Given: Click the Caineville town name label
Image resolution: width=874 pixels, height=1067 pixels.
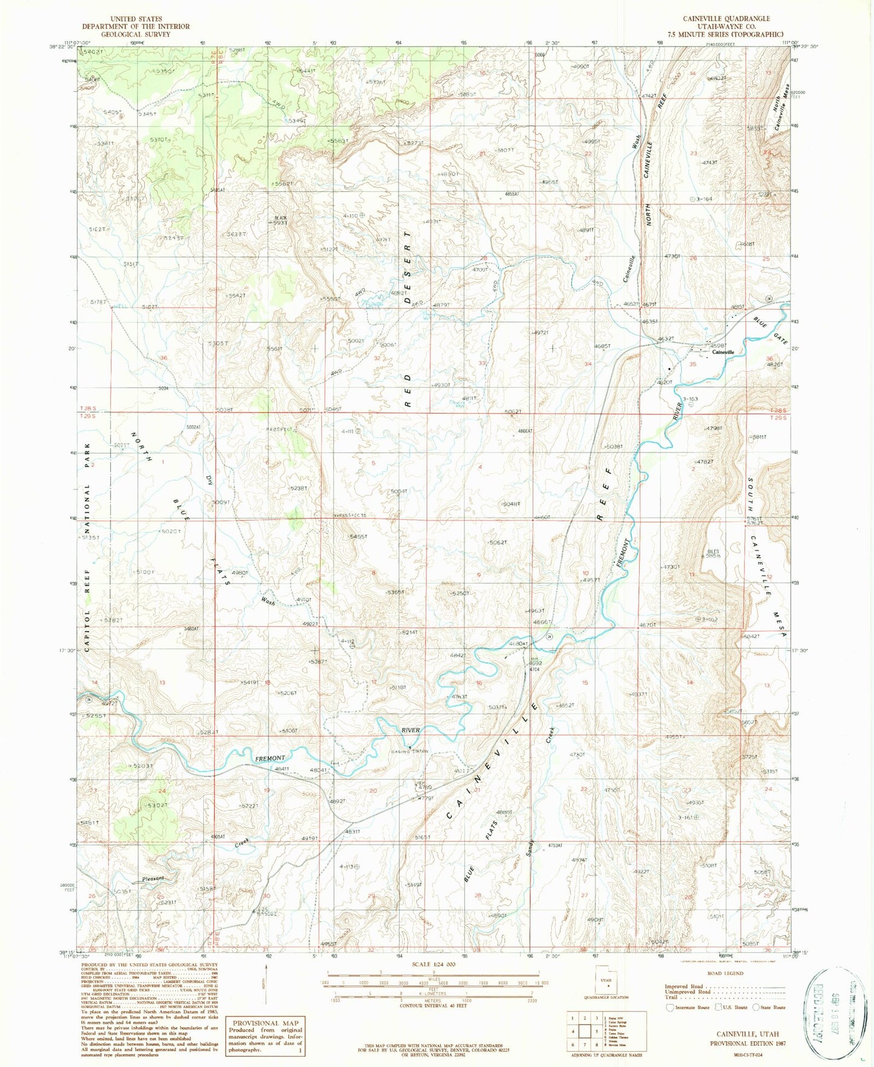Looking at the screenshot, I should [x=723, y=352].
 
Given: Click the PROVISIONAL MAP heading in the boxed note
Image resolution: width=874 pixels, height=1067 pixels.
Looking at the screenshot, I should [x=264, y=1023].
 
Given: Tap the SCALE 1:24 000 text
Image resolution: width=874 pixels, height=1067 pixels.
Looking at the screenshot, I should [x=434, y=965].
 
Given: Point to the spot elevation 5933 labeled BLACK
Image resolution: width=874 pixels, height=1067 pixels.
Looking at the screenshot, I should [x=279, y=223].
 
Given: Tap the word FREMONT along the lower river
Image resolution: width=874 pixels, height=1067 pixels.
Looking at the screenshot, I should [x=269, y=758].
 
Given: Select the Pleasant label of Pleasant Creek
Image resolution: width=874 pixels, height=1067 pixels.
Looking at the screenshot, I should [x=154, y=878].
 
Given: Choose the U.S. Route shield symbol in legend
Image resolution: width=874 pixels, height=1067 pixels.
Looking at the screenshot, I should [x=718, y=1008].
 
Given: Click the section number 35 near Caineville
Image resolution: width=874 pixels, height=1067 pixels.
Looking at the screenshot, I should [x=693, y=365].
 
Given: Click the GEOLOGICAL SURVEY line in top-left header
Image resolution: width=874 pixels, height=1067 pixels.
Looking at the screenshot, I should [x=135, y=34].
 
